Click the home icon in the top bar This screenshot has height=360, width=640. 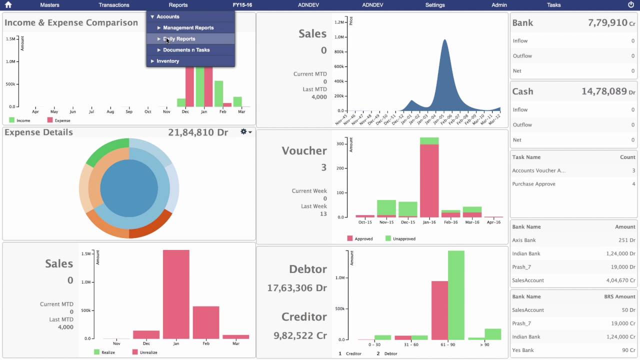(x=8, y=5)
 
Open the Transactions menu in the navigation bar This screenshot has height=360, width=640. (x=114, y=5)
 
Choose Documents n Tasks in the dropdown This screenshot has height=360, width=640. (x=186, y=50)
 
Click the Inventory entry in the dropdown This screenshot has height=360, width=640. (x=167, y=61)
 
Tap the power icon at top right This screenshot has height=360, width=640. (x=630, y=5)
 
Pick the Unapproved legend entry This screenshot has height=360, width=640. (x=400, y=239)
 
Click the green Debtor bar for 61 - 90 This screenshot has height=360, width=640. (x=456, y=295)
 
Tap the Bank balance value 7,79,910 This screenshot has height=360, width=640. (x=607, y=23)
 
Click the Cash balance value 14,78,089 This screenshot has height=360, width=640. (x=604, y=91)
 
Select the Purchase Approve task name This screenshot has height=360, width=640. (x=533, y=184)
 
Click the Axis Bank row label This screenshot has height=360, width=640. (x=524, y=240)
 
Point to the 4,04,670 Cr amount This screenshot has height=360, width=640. (x=618, y=280)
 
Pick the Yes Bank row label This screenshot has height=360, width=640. (x=523, y=350)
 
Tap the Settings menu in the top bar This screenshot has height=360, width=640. (x=435, y=5)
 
